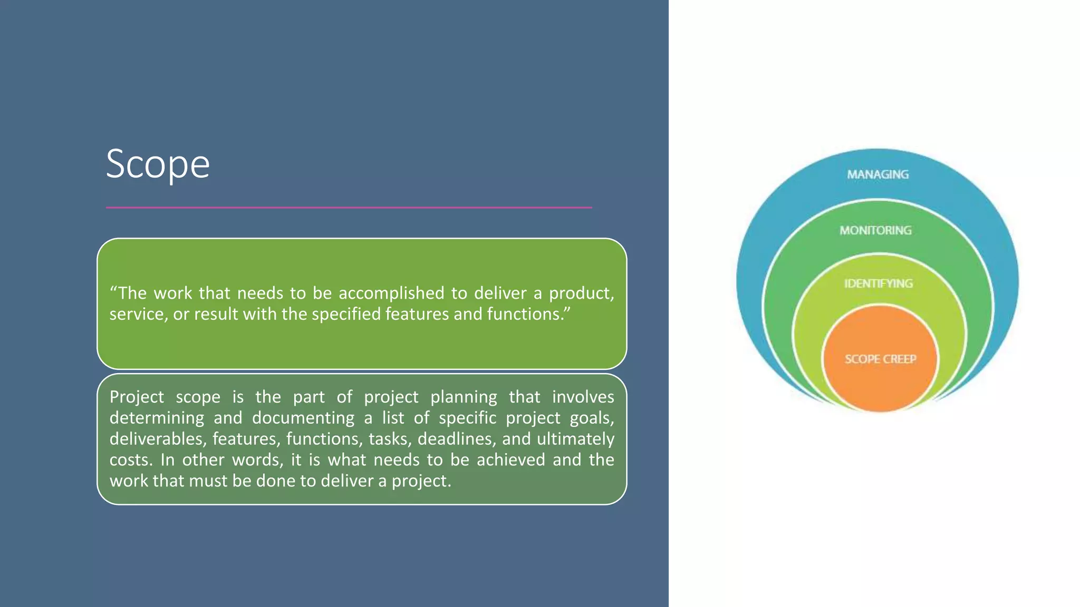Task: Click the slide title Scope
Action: [158, 164]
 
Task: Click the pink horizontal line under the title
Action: [349, 208]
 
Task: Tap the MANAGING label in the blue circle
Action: [877, 174]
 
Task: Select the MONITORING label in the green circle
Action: [875, 230]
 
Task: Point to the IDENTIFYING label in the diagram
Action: [878, 283]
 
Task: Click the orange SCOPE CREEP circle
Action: [880, 359]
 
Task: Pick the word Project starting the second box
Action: [137, 397]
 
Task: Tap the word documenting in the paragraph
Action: [303, 418]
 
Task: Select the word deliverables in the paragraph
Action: [157, 439]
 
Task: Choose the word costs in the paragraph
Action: [130, 460]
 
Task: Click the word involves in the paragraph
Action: [583, 397]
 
